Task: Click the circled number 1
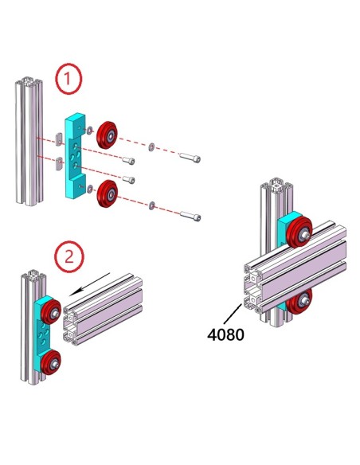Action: [x=68, y=78]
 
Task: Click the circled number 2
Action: [x=68, y=256]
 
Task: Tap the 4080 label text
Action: [x=225, y=334]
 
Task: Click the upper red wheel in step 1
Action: [x=106, y=135]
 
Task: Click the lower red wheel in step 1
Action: [x=107, y=193]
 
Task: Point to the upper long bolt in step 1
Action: [x=189, y=157]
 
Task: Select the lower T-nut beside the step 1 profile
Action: [x=60, y=165]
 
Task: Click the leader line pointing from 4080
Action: [x=237, y=312]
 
